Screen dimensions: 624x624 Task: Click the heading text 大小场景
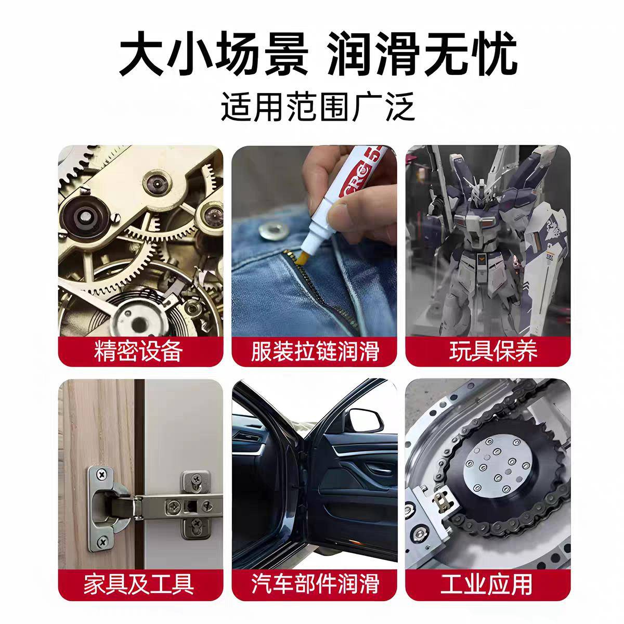[214, 54]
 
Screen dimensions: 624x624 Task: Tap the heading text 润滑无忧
[423, 54]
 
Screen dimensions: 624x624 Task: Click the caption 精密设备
[139, 351]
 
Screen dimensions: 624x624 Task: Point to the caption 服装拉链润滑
[315, 351]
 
